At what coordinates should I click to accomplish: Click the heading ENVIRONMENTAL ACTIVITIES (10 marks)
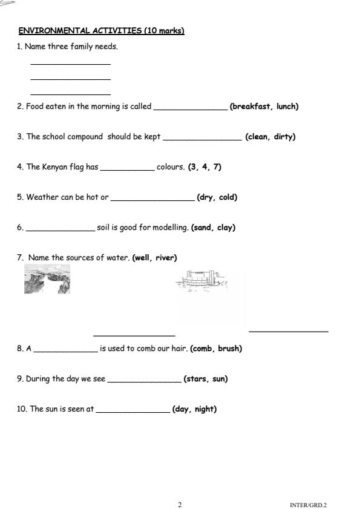pyautogui.click(x=101, y=31)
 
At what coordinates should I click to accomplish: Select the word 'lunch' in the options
pyautogui.click(x=286, y=107)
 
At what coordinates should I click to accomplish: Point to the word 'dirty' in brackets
pyautogui.click(x=284, y=137)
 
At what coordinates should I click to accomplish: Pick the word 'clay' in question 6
pyautogui.click(x=225, y=228)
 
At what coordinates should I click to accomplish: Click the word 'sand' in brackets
pyautogui.click(x=203, y=228)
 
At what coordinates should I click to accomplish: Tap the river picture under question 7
pyautogui.click(x=47, y=279)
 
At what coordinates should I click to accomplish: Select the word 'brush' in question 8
pyautogui.click(x=230, y=349)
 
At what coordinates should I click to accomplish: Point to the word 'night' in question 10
pyautogui.click(x=205, y=409)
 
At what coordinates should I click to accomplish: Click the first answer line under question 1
pyautogui.click(x=70, y=64)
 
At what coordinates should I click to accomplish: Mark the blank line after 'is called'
pyautogui.click(x=190, y=109)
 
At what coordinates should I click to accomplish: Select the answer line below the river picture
pyautogui.click(x=134, y=335)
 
